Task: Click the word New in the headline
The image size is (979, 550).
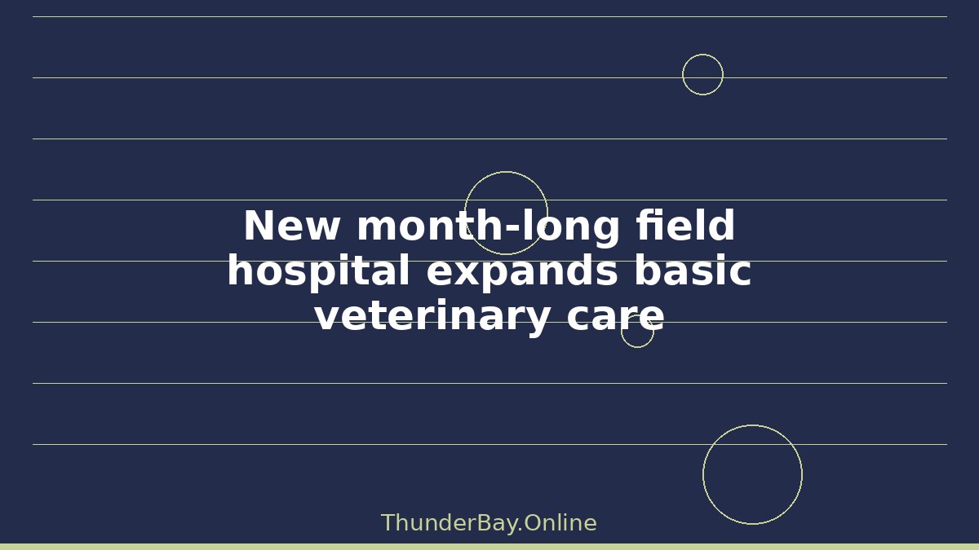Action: pyautogui.click(x=291, y=225)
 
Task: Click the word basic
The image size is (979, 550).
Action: pyautogui.click(x=693, y=270)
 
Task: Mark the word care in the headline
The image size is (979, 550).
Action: pyautogui.click(x=615, y=318)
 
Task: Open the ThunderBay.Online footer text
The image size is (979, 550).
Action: pyautogui.click(x=489, y=523)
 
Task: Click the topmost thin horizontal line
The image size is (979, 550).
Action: pyautogui.click(x=490, y=17)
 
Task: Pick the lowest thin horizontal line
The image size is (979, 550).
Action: pyautogui.click(x=490, y=445)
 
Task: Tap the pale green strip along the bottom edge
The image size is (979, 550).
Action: pyautogui.click(x=489, y=547)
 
